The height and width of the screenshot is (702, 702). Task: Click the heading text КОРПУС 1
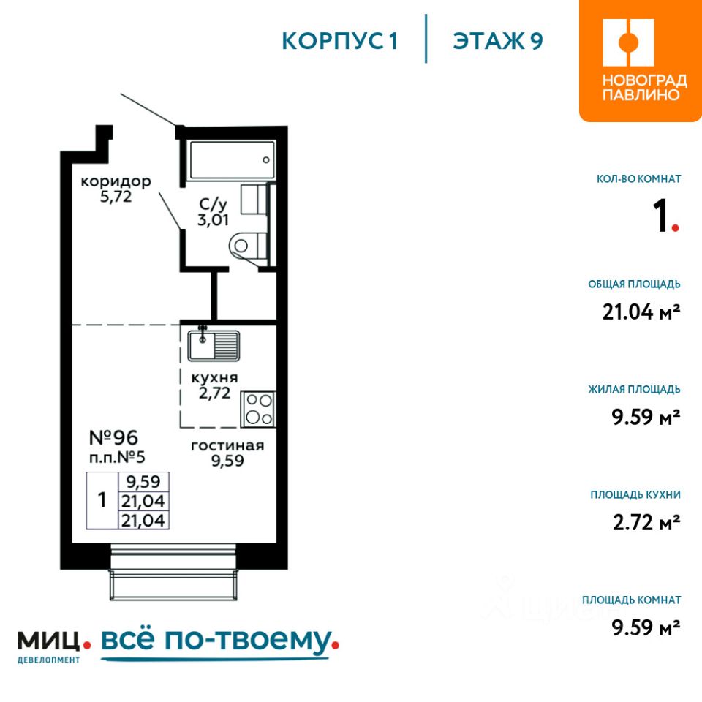click(340, 41)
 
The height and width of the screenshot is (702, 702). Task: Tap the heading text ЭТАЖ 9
click(498, 41)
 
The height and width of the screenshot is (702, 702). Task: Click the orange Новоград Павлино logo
click(641, 61)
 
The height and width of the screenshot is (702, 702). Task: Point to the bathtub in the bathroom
click(232, 160)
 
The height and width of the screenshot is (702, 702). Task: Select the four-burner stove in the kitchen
click(258, 409)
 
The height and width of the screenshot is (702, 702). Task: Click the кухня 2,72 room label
click(214, 385)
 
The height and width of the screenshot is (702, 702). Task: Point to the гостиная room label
click(227, 453)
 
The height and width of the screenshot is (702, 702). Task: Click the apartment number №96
click(114, 437)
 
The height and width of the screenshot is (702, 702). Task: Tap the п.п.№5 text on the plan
click(117, 457)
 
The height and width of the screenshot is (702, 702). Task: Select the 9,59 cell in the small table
click(143, 482)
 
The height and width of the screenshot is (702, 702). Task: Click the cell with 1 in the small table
click(102, 500)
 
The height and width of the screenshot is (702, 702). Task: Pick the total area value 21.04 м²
click(641, 312)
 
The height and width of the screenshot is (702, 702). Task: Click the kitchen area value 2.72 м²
click(646, 522)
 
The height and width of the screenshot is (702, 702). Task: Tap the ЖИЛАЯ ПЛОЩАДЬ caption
click(635, 390)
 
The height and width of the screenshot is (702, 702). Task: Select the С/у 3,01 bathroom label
click(213, 212)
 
